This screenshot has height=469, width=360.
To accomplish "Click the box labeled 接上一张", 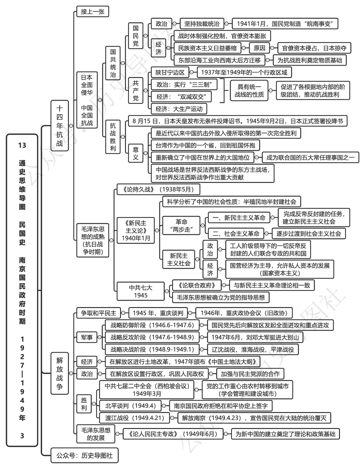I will coord(92,12).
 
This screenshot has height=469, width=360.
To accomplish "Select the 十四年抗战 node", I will coord(59,126).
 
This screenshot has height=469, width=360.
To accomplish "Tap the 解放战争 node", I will coord(59,373).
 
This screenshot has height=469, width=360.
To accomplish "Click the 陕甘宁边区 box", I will coord(170,72).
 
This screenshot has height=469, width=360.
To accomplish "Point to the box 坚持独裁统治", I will coord(202,24).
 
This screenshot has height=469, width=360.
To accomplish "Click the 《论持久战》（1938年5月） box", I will coord(158,189).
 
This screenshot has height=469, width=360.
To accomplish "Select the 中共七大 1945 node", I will coord(141,291).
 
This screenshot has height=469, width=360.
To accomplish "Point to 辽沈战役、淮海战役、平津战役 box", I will coord(253,349).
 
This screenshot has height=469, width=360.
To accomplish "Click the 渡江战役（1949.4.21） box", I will coord(135,418).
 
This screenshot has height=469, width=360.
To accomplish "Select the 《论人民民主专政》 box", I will coord(170,434).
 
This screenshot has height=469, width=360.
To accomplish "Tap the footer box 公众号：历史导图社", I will coord(84,455).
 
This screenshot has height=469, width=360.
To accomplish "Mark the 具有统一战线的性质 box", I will coord(249,91).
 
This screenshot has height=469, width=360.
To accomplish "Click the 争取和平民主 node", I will coord(98,313).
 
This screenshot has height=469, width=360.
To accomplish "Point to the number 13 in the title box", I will coord(22,145).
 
